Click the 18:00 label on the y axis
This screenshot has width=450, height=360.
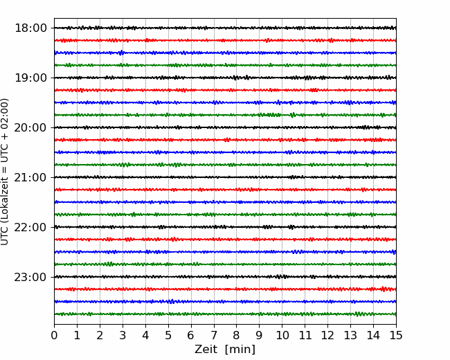tap(30, 28)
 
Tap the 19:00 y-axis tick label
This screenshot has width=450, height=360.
tap(30, 78)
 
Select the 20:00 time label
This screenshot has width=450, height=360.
tap(30, 127)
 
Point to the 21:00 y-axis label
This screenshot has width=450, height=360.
tap(30, 177)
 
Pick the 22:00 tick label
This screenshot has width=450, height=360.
tap(30, 227)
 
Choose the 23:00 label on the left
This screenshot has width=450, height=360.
tap(30, 277)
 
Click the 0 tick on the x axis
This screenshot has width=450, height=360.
tap(54, 335)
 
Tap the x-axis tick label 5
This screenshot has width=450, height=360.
tap(168, 335)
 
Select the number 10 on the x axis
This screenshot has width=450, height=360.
tap(282, 335)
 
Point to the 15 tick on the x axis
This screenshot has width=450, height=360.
tap(396, 335)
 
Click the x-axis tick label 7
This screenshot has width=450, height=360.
tap(214, 335)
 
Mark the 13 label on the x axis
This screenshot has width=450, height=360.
tap(350, 335)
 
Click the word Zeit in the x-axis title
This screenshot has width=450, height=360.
tap(206, 349)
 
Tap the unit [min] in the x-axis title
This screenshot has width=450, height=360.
tap(240, 350)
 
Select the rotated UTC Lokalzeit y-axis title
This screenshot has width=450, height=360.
tap(5, 172)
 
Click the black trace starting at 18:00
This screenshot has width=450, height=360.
tap(225, 28)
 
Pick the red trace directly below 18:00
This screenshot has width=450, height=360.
tap(225, 40)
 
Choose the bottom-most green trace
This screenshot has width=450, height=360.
tap(225, 314)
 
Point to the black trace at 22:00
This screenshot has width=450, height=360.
tap(225, 227)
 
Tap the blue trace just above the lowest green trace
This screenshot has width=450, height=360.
tap(225, 301)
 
